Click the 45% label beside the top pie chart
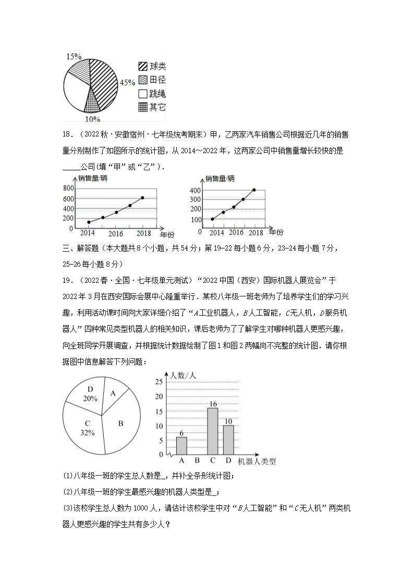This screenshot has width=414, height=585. click(127, 82)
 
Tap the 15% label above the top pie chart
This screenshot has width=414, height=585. click(74, 56)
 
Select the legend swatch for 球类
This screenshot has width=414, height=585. click(142, 67)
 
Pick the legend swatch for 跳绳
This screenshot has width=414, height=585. click(142, 94)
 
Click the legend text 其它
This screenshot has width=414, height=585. click(157, 107)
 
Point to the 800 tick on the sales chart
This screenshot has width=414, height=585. click(68, 188)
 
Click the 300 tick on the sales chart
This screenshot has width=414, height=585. click(196, 200)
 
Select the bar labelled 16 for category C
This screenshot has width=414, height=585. click(212, 431)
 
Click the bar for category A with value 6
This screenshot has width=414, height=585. click(181, 446)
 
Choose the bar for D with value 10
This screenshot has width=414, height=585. click(228, 440)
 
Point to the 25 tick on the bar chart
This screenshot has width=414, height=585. click(159, 382)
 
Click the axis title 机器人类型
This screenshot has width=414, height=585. click(257, 461)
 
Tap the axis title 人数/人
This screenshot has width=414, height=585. click(181, 375)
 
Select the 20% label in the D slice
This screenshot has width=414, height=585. click(90, 398)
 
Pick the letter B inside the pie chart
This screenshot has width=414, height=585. click(120, 424)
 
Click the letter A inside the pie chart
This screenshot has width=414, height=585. click(113, 394)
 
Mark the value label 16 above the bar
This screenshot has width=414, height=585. click(212, 404)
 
